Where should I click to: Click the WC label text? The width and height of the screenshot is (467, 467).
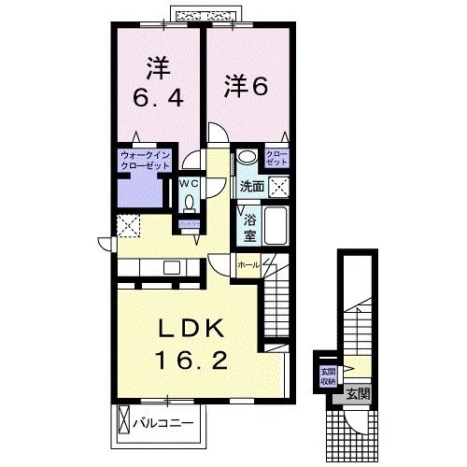coord(187,183)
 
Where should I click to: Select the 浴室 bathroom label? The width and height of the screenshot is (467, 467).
coord(250,227)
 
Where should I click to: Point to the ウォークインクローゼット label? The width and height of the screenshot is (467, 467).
coord(142,160)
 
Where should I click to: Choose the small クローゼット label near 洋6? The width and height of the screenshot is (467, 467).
coord(276,157)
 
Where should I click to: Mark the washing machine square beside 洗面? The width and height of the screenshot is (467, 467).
coord(277,186)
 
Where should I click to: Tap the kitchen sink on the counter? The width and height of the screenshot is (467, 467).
coord(171,268)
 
